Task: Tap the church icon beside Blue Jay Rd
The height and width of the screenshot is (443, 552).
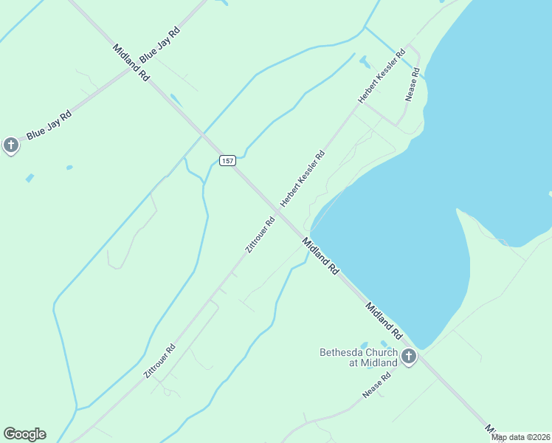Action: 10,145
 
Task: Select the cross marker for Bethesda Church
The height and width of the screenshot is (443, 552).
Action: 408,357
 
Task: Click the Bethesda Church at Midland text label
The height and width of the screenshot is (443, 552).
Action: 358,357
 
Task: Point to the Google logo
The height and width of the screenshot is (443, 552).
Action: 24,434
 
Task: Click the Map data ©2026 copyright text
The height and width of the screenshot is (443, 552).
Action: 520,437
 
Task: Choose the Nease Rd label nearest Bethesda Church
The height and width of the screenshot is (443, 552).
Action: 376,385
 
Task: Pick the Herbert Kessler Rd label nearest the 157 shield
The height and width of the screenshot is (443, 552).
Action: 303,179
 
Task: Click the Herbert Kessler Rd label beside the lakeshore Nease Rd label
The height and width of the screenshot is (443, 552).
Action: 382,76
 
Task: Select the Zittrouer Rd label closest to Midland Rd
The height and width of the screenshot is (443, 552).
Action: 260,235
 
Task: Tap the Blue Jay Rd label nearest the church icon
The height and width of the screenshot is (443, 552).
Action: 49,126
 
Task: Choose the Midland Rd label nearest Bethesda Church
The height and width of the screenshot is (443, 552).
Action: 382,319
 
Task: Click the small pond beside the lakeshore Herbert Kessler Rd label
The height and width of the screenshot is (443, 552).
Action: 364,61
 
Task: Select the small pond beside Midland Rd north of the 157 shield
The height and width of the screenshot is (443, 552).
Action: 176,100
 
